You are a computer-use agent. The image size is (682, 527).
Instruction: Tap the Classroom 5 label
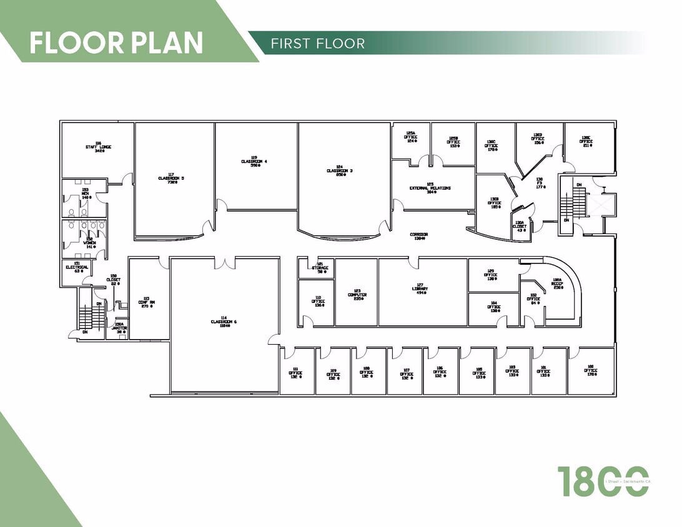point(170,178)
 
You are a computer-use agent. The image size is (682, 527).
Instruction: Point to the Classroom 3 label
point(340,170)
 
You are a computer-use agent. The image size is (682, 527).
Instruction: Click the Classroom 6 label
point(224,322)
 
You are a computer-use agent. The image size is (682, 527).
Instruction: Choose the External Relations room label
point(430,188)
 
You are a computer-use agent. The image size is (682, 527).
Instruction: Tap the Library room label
point(420,289)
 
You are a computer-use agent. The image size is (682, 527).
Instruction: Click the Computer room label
point(357,295)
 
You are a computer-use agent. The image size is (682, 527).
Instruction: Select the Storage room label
point(320,268)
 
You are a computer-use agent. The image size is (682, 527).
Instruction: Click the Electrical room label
point(77,267)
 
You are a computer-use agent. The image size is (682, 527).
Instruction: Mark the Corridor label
point(418,235)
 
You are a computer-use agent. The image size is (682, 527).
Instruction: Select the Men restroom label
point(86,193)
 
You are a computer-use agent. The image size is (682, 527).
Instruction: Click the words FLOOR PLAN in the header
point(116,42)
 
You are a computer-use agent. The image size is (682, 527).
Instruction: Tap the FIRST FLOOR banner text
point(318,43)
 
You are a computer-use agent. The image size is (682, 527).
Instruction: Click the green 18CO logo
point(602,481)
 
